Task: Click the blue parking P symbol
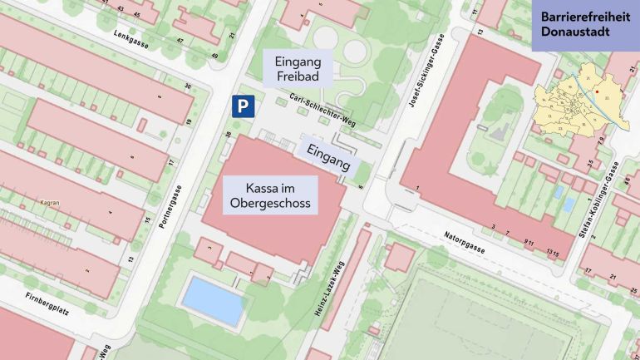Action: point(242,106)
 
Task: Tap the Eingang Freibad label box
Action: point(298,68)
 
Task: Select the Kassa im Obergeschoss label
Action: point(271,195)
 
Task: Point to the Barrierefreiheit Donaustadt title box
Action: point(586,25)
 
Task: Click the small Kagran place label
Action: point(49,202)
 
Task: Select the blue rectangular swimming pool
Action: point(214,301)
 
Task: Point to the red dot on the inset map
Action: point(597,91)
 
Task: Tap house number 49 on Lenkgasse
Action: point(214,56)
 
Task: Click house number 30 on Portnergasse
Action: point(188,86)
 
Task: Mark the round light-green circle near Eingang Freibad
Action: point(355,52)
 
